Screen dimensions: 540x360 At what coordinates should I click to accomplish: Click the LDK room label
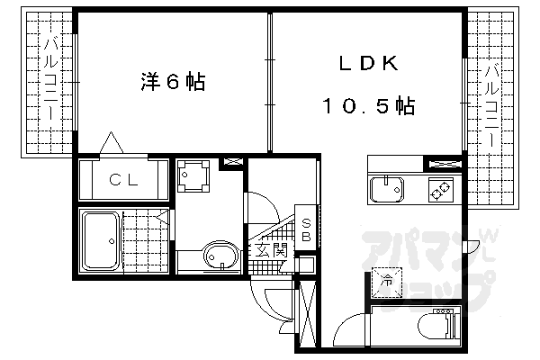coord(369,63)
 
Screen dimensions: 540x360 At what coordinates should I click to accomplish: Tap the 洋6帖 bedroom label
coord(173,82)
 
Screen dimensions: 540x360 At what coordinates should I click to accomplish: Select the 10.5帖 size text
coord(369,105)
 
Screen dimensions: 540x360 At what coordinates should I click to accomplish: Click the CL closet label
coord(123,179)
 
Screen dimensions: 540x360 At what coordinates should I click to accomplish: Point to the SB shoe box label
coord(306,230)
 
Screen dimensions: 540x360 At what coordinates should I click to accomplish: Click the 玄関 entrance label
coord(272,250)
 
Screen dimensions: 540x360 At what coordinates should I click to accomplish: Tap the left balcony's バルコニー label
coord(50,79)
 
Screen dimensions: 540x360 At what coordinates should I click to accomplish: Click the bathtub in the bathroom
coord(101,241)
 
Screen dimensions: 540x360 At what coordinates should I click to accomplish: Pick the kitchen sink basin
coord(386,190)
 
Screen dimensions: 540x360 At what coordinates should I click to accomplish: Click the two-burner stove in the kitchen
coord(441,190)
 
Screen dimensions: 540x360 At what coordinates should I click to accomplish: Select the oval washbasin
coord(220,256)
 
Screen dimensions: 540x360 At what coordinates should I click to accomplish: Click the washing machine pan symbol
coord(193,175)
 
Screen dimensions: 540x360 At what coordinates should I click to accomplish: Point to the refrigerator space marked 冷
coord(387,282)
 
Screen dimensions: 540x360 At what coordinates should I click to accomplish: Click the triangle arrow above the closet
coord(112,142)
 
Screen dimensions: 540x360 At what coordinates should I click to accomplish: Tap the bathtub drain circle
coord(112,241)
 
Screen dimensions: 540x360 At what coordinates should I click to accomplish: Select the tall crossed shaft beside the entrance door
coord(307,314)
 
